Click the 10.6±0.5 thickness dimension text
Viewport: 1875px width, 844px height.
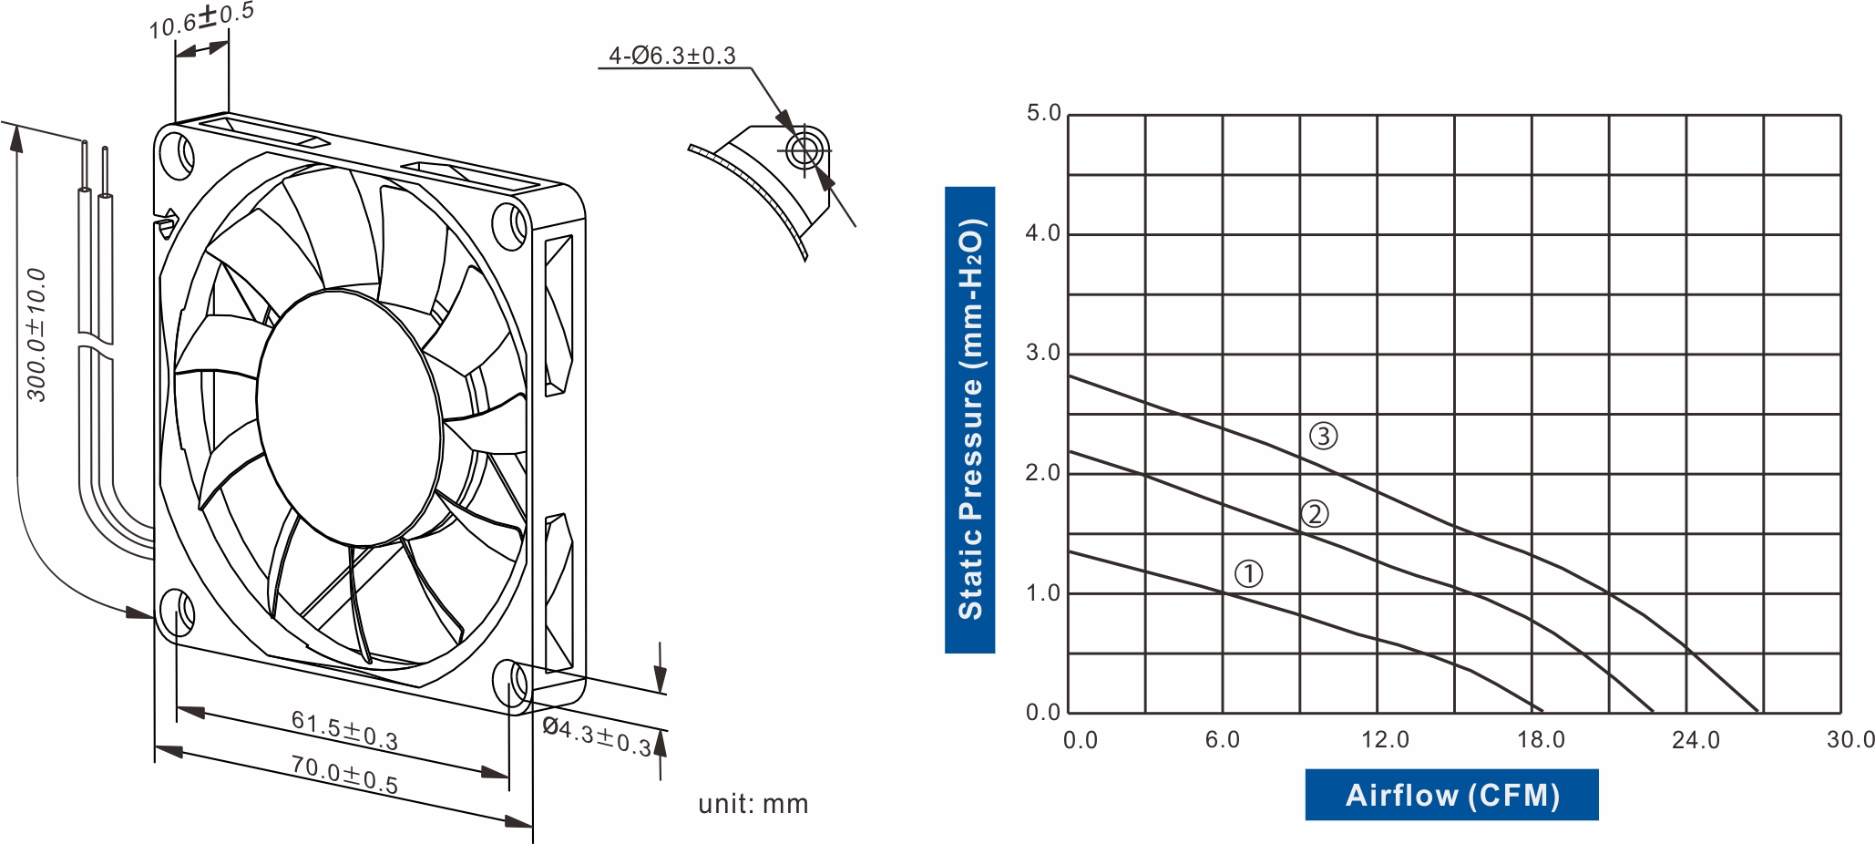coord(201,20)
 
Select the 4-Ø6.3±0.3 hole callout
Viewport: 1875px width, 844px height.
coord(671,56)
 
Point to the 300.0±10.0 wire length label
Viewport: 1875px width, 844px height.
coord(36,335)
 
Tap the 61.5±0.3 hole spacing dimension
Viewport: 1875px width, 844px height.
coord(344,730)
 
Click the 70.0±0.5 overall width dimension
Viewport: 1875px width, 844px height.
coord(344,774)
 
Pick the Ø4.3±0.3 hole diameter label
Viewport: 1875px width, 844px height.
coord(597,736)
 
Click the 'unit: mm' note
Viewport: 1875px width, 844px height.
coord(753,804)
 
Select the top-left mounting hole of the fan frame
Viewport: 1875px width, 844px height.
coord(177,154)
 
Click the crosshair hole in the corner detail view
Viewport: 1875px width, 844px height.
coord(804,150)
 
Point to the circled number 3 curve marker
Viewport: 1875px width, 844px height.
coord(1323,436)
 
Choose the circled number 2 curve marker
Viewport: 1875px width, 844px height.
coord(1314,514)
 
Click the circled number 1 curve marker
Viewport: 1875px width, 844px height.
coord(1248,573)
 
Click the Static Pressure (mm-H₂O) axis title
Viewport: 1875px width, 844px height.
coord(969,419)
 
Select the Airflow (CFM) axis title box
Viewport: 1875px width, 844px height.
coord(1451,795)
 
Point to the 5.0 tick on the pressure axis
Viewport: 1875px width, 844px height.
coord(1043,113)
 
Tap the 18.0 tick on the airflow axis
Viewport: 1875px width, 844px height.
coord(1541,739)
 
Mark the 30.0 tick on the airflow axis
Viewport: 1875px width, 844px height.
coord(1849,739)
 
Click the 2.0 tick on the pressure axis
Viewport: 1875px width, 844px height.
coord(1043,473)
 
